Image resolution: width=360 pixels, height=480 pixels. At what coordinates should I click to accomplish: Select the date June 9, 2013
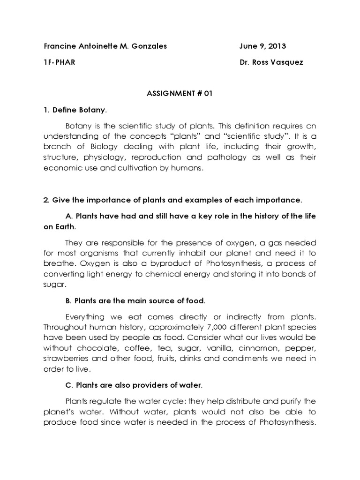[262, 46]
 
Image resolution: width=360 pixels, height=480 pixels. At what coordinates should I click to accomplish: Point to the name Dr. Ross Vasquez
[271, 62]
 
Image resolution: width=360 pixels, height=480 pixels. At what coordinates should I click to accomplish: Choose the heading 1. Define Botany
[75, 110]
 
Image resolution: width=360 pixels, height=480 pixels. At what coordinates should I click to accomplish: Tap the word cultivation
[127, 169]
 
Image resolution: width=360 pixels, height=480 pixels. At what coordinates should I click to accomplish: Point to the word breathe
[59, 263]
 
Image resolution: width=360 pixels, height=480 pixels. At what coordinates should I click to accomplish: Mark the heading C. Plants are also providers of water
[134, 386]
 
